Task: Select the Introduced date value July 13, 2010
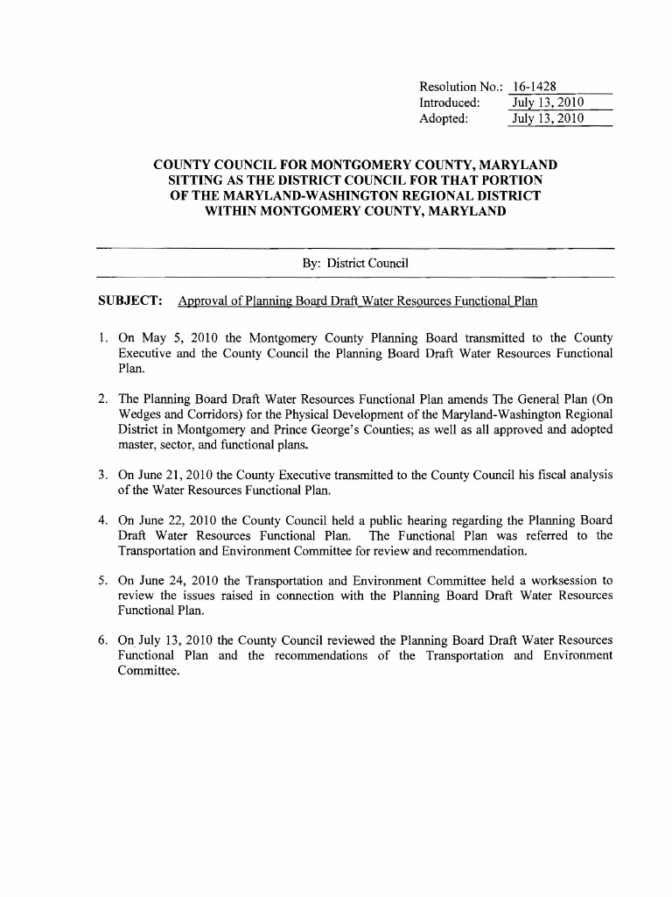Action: (x=547, y=102)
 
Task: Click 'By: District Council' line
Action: (x=355, y=263)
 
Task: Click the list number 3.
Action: (x=102, y=475)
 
